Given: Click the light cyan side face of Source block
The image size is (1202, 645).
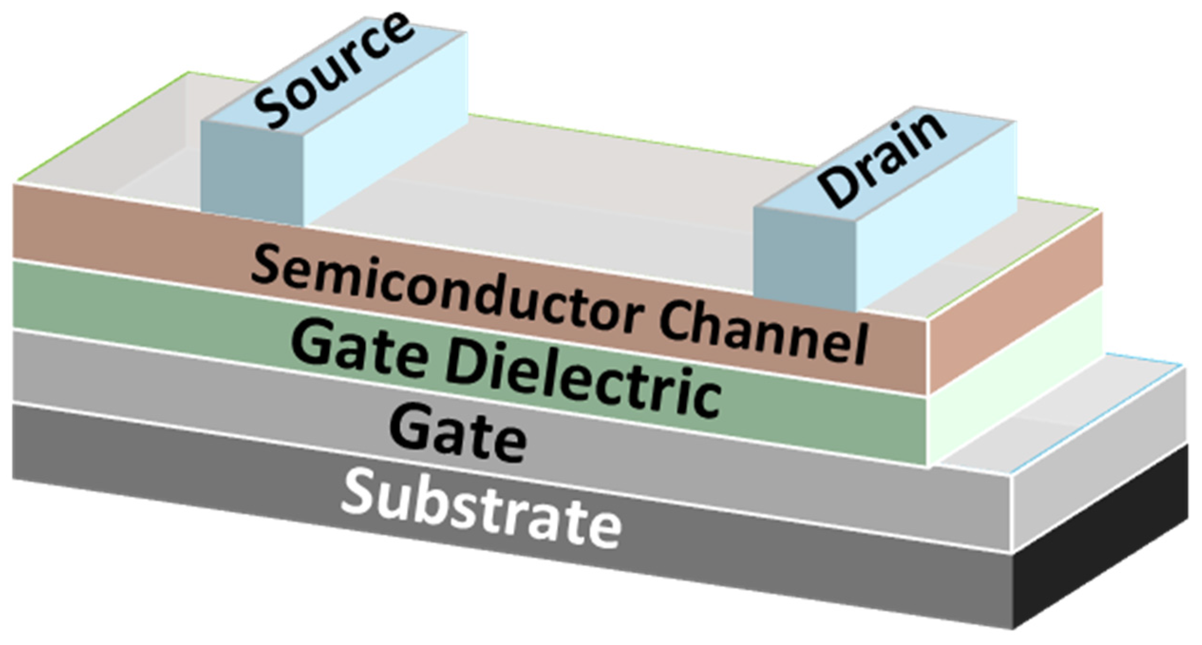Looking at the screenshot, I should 385,123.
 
